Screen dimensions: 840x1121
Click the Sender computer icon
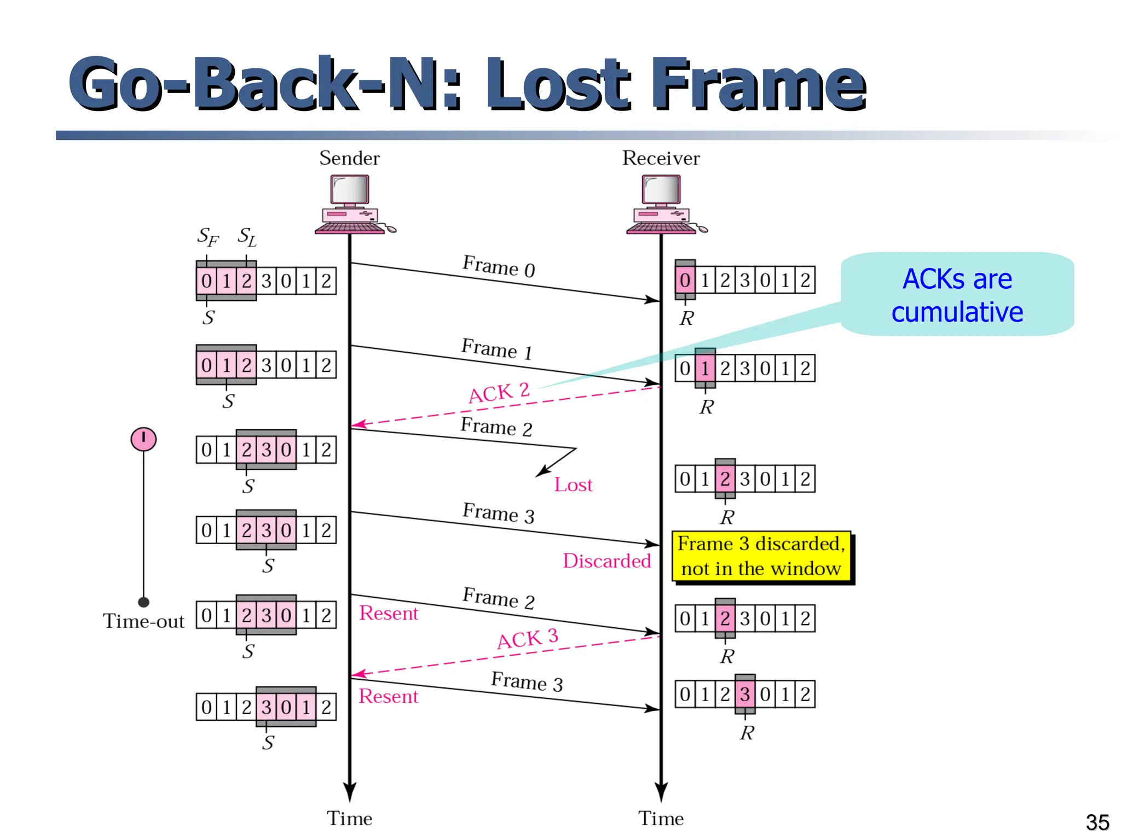click(351, 204)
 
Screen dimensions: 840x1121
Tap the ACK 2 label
click(499, 393)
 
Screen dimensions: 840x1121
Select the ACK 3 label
click(527, 639)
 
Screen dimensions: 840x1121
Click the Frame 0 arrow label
click(499, 267)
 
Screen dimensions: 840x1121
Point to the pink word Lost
click(573, 485)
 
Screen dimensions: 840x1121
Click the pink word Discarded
click(606, 561)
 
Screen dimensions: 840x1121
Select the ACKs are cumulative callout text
click(957, 295)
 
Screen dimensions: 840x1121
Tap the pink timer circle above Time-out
click(143, 439)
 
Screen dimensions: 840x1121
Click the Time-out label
click(143, 621)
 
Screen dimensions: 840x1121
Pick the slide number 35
click(1097, 822)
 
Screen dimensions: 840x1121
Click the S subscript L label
click(247, 237)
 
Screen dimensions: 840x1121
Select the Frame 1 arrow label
click(497, 349)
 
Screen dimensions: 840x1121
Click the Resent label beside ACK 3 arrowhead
click(388, 696)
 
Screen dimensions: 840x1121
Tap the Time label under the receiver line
click(661, 819)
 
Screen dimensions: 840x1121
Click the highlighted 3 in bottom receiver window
click(744, 694)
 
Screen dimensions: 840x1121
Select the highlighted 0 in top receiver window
click(685, 280)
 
